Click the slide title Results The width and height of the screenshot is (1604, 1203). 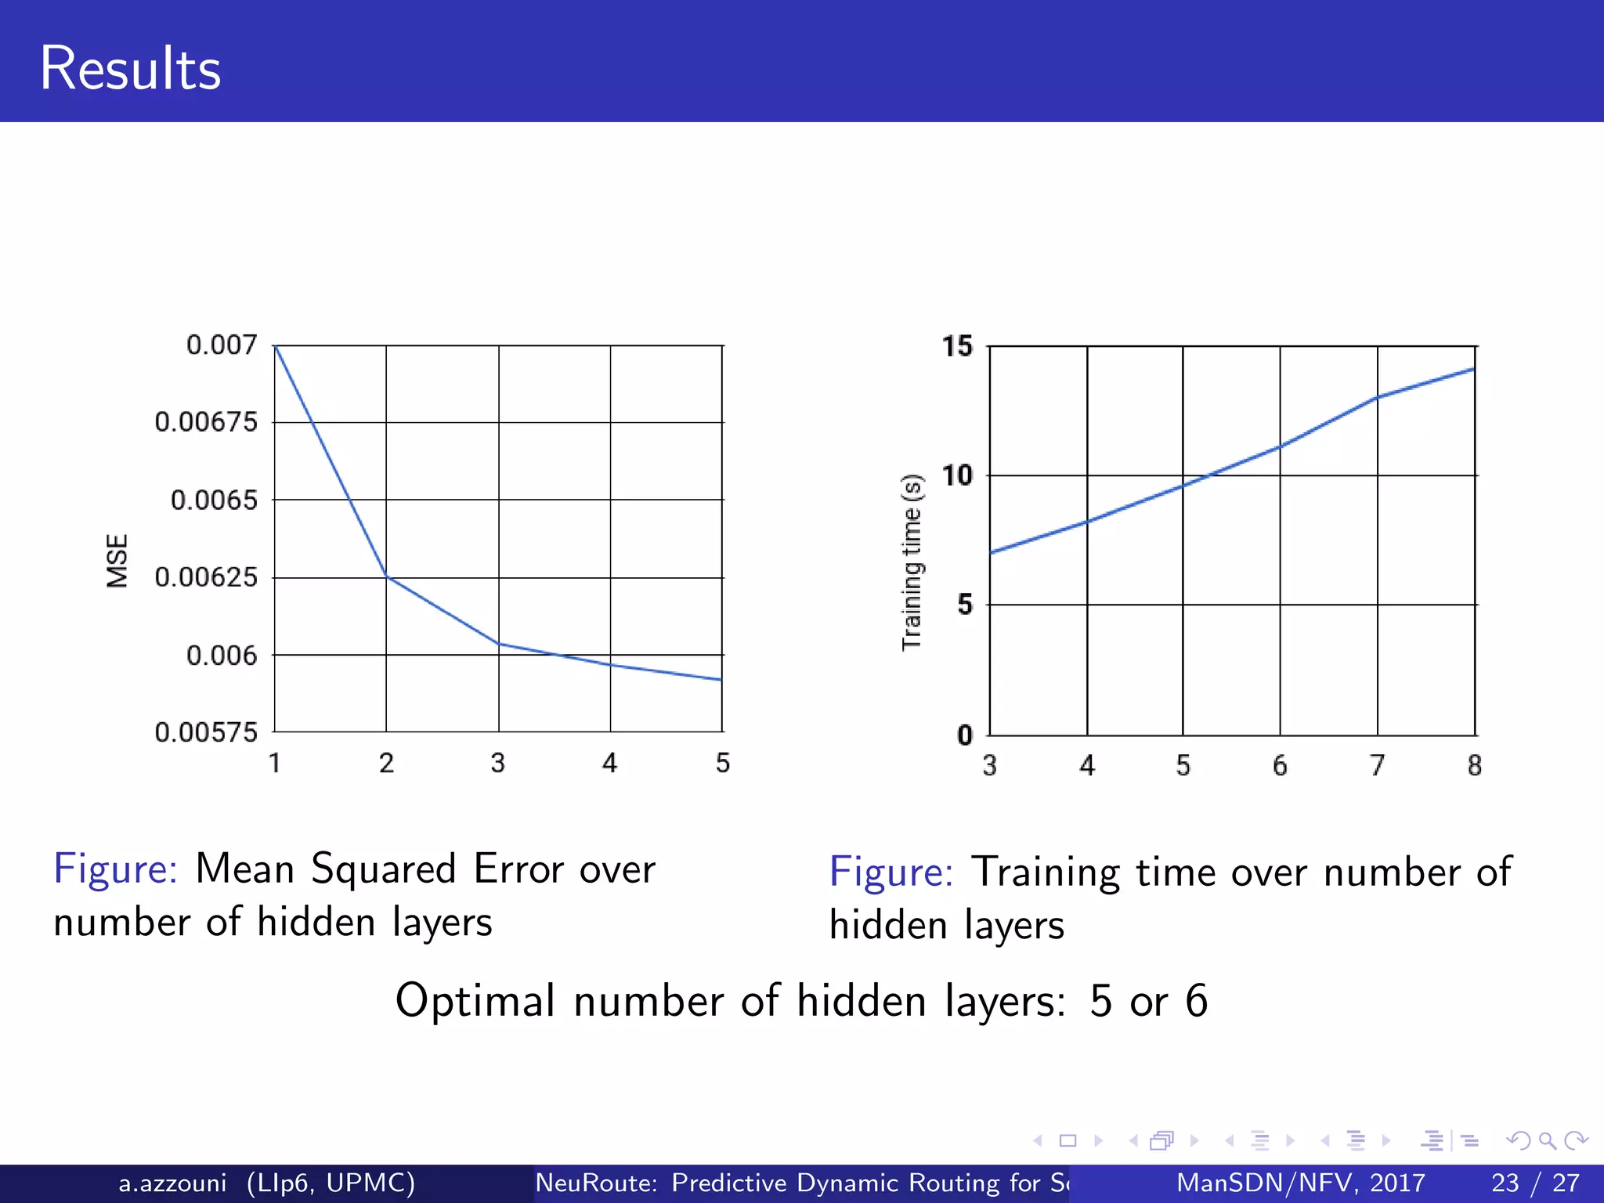pyautogui.click(x=130, y=69)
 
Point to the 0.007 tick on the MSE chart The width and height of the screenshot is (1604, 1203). pyautogui.click(x=222, y=345)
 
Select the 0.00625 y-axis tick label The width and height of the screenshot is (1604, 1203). pyautogui.click(x=206, y=577)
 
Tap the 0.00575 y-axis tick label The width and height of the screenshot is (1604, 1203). pyautogui.click(x=206, y=732)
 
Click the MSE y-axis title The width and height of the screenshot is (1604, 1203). pyautogui.click(x=117, y=561)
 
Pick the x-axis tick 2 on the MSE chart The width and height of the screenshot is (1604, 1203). pyautogui.click(x=386, y=763)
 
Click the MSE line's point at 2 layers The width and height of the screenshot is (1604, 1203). pyautogui.click(x=386, y=576)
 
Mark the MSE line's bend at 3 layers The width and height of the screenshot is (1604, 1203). pyautogui.click(x=499, y=644)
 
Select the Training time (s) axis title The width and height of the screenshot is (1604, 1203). pyautogui.click(x=912, y=562)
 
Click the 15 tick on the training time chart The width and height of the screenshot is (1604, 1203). pyautogui.click(x=957, y=346)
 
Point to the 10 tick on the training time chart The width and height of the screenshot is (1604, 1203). pyautogui.click(x=957, y=475)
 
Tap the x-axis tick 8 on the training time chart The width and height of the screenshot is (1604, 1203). pyautogui.click(x=1475, y=765)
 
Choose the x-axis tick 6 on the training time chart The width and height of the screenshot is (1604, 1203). pyautogui.click(x=1280, y=765)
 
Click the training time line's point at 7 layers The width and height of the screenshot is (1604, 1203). pyautogui.click(x=1377, y=398)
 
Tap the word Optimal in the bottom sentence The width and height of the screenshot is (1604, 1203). pyautogui.click(x=475, y=1001)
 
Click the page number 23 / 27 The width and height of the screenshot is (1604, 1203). pyautogui.click(x=1535, y=1183)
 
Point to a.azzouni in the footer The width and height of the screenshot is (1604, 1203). pyautogui.click(x=172, y=1183)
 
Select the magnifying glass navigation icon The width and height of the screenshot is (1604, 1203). pyautogui.click(x=1547, y=1141)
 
